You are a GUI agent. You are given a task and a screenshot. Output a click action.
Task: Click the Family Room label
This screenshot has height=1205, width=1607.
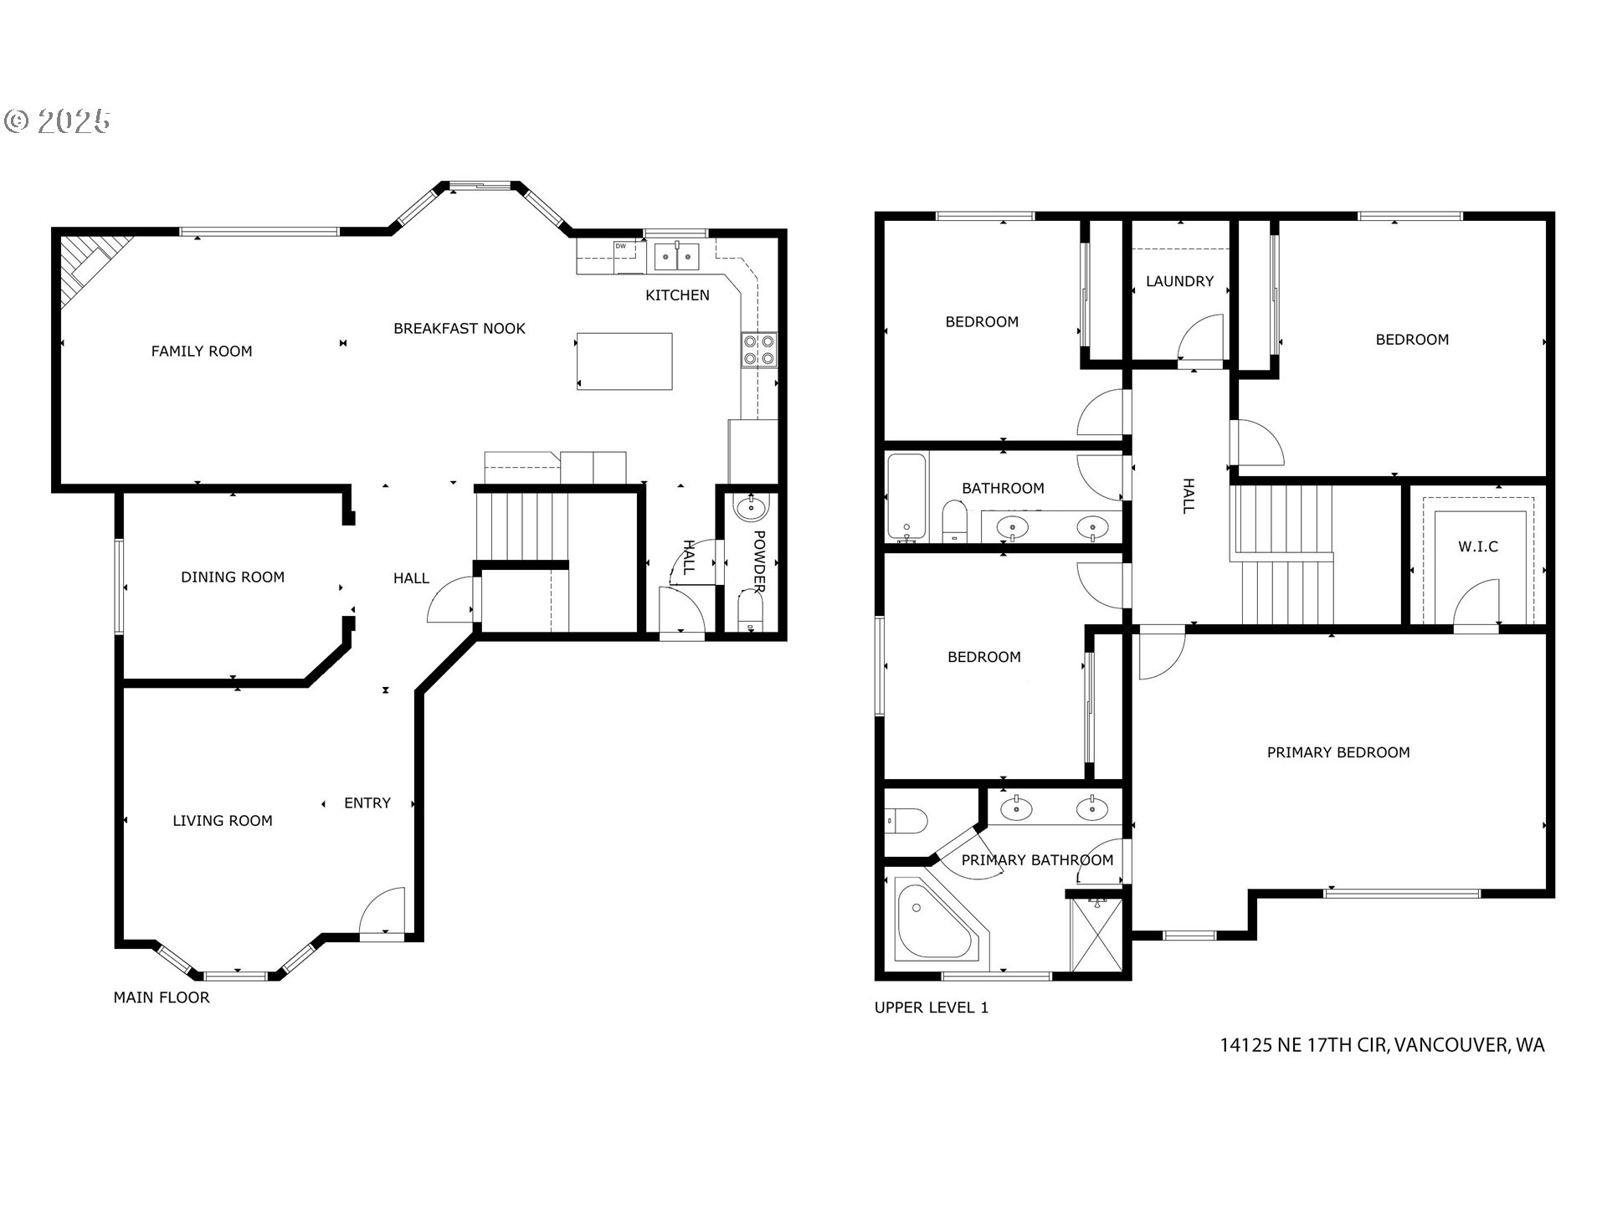click(201, 351)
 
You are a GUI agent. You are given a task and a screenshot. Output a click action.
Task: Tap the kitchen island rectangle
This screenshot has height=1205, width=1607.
click(624, 361)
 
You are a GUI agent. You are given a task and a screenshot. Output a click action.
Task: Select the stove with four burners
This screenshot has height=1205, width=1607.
click(759, 350)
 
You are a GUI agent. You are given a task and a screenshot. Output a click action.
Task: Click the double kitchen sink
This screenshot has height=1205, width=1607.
click(677, 255)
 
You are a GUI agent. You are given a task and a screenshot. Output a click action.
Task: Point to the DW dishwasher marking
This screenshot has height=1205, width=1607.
click(621, 246)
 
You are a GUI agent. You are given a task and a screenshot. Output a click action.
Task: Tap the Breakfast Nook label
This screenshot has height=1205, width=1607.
click(459, 329)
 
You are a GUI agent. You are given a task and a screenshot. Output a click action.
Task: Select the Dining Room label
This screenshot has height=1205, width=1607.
click(233, 577)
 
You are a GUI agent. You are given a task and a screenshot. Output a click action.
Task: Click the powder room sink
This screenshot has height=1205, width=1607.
click(751, 507)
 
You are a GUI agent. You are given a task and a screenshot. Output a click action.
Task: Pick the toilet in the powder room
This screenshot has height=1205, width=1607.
click(751, 611)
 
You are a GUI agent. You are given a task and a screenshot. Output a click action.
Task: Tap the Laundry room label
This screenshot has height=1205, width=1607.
click(1179, 281)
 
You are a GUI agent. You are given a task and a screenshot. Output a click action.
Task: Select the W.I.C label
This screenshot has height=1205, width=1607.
click(1478, 546)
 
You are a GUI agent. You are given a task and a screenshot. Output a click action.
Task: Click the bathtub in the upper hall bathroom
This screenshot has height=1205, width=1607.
click(906, 496)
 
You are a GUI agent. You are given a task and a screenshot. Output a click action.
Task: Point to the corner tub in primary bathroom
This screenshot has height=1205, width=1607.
click(932, 920)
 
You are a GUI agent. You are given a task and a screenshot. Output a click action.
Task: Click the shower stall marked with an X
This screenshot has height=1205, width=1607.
click(1096, 936)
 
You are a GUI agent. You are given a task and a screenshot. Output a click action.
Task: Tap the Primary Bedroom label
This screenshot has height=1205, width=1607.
click(1337, 752)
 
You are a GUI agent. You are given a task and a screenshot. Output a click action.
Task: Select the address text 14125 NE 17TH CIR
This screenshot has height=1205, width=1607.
click(1302, 1045)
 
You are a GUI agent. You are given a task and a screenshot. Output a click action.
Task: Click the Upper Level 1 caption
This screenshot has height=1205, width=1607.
click(931, 1008)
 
